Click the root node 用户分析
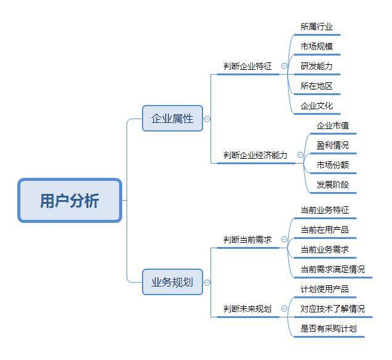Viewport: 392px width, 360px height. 70,200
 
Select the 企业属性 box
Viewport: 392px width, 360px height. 172,118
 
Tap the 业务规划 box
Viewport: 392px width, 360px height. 172,282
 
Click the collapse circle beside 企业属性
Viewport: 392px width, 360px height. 207,119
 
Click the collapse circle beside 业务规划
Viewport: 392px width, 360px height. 207,282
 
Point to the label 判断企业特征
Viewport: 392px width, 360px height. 248,66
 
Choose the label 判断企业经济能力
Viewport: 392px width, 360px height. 255,155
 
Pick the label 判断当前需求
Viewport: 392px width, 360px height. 248,240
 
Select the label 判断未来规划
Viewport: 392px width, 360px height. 248,309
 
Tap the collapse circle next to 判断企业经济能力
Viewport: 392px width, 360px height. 300,155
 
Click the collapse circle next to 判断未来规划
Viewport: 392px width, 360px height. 284,309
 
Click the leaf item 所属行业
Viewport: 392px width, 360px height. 317,27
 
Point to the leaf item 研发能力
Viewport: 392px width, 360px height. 317,66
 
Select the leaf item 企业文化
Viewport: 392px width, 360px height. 317,106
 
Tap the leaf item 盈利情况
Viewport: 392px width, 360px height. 333,145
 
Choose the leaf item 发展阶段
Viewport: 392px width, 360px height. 333,185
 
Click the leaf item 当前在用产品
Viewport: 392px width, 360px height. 325,230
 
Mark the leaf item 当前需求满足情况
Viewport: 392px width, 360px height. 333,269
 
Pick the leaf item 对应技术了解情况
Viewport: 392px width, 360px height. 333,309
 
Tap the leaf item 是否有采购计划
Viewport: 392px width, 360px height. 328,329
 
